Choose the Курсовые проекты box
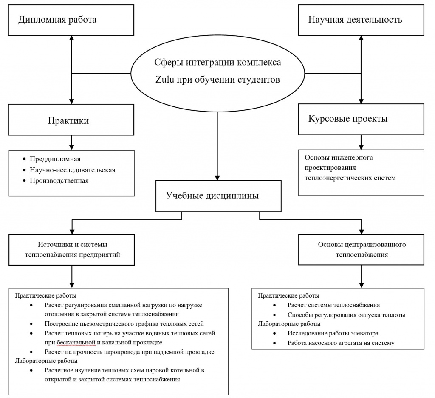click(x=361, y=119)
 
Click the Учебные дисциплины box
click(x=217, y=196)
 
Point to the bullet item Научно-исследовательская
click(x=72, y=170)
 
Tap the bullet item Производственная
click(x=59, y=180)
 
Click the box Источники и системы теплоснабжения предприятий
click(x=72, y=250)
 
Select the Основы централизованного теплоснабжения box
click(x=362, y=250)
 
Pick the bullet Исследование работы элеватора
click(x=333, y=333)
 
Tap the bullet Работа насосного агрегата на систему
click(x=341, y=343)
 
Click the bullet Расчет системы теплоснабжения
click(x=333, y=305)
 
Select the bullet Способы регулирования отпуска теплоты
click(x=346, y=315)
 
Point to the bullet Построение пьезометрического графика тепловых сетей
click(x=124, y=324)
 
